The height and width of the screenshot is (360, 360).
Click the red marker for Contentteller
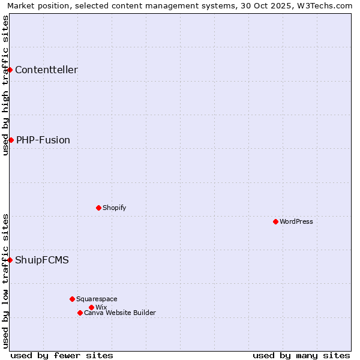coord(10,70)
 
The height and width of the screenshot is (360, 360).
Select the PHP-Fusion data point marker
coord(11,140)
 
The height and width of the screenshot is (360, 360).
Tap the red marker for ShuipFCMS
coord(10,260)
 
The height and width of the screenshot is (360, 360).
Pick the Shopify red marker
coord(98,208)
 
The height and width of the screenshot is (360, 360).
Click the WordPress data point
coord(275,222)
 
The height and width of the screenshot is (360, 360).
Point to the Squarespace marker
coord(72,299)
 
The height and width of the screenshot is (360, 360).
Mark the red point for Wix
coord(91,307)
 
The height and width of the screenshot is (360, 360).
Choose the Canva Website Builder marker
coord(80,313)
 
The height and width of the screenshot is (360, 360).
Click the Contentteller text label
coord(46,70)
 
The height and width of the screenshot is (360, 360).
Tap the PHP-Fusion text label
coord(43,140)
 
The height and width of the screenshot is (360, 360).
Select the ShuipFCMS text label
coord(42,260)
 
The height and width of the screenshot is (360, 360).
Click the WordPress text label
coord(296,222)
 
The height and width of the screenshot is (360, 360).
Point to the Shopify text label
coord(114,208)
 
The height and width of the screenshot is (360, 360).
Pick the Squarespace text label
coord(97,299)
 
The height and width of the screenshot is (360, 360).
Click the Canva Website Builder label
coord(120,313)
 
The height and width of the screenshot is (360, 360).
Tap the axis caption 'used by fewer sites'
coord(62,355)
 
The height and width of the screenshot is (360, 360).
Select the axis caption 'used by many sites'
coord(301,355)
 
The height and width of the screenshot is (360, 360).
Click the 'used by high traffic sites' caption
coord(5,85)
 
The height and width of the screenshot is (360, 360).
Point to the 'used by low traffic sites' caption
coord(5,281)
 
